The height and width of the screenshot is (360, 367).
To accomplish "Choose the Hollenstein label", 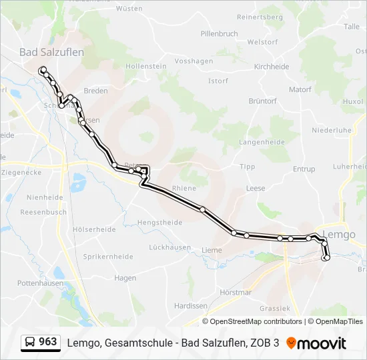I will [x=145, y=67].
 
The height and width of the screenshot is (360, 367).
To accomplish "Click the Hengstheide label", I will [x=159, y=222].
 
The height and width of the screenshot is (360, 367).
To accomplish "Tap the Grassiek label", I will [x=275, y=309].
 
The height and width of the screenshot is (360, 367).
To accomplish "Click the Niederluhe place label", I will [x=331, y=131].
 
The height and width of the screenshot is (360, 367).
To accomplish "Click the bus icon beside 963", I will [x=30, y=343].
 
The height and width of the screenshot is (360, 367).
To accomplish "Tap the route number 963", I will [x=48, y=342].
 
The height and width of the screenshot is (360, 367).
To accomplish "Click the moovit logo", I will [x=316, y=343].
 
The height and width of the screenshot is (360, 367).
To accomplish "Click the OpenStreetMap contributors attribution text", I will [x=256, y=321].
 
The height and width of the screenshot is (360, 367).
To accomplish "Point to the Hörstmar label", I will [x=235, y=292].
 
